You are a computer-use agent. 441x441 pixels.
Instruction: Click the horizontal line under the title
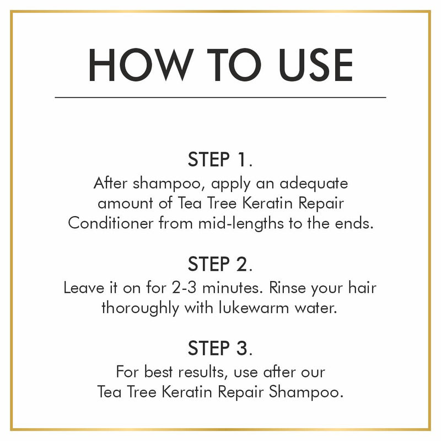(x=220, y=97)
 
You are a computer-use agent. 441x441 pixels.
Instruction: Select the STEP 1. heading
(x=220, y=160)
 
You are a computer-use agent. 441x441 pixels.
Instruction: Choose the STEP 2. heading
(x=220, y=264)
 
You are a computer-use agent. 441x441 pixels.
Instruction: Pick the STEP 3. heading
(x=220, y=348)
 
